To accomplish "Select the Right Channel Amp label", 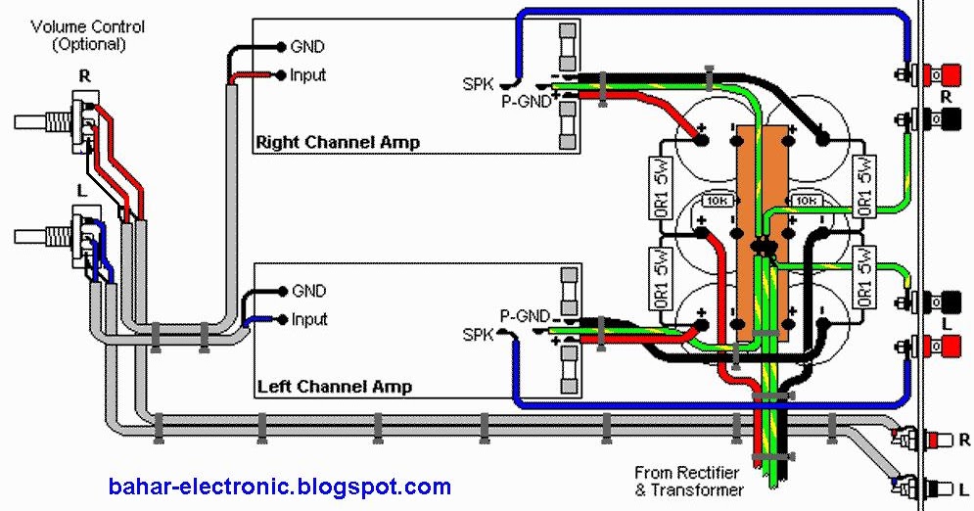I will pyautogui.click(x=337, y=142).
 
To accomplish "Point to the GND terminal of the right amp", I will pyautogui.click(x=282, y=46).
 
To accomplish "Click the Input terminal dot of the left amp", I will pyautogui.click(x=282, y=319).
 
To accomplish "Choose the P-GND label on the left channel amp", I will pyautogui.click(x=523, y=316).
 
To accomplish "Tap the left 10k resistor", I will pyautogui.click(x=716, y=201).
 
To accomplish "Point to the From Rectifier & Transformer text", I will pyautogui.click(x=688, y=480).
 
